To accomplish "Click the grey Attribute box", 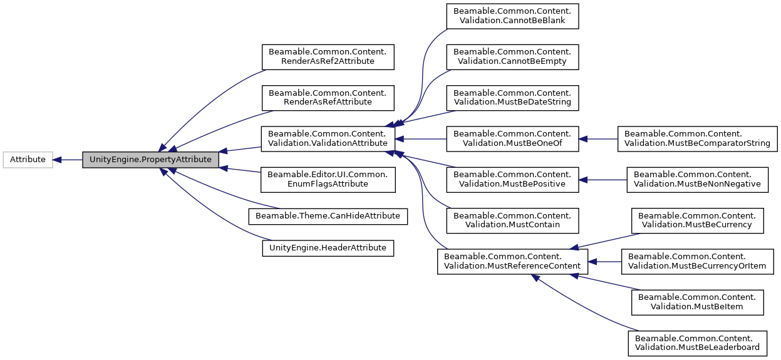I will click(x=28, y=160).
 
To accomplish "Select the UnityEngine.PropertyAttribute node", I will click(x=150, y=160).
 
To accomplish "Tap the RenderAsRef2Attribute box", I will click(x=328, y=56).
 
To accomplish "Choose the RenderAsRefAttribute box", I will click(x=328, y=97).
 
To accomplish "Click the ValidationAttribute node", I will click(x=328, y=138).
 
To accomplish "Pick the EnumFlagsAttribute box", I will click(x=328, y=179).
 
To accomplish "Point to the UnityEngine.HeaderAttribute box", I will click(x=328, y=248).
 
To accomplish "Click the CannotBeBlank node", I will click(x=512, y=16).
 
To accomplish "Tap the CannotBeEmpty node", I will click(x=512, y=56).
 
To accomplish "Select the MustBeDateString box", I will click(x=512, y=97).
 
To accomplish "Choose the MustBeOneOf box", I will click(x=512, y=138).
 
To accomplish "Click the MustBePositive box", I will click(x=512, y=179).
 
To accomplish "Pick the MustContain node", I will click(x=512, y=220).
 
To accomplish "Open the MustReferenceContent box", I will click(x=512, y=261).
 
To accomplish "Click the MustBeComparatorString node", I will click(x=697, y=138).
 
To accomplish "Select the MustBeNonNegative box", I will click(x=697, y=179).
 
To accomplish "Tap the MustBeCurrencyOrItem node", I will click(x=697, y=261).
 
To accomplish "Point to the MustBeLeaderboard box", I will click(x=697, y=343).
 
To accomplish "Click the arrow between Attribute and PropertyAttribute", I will click(x=67, y=160).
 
